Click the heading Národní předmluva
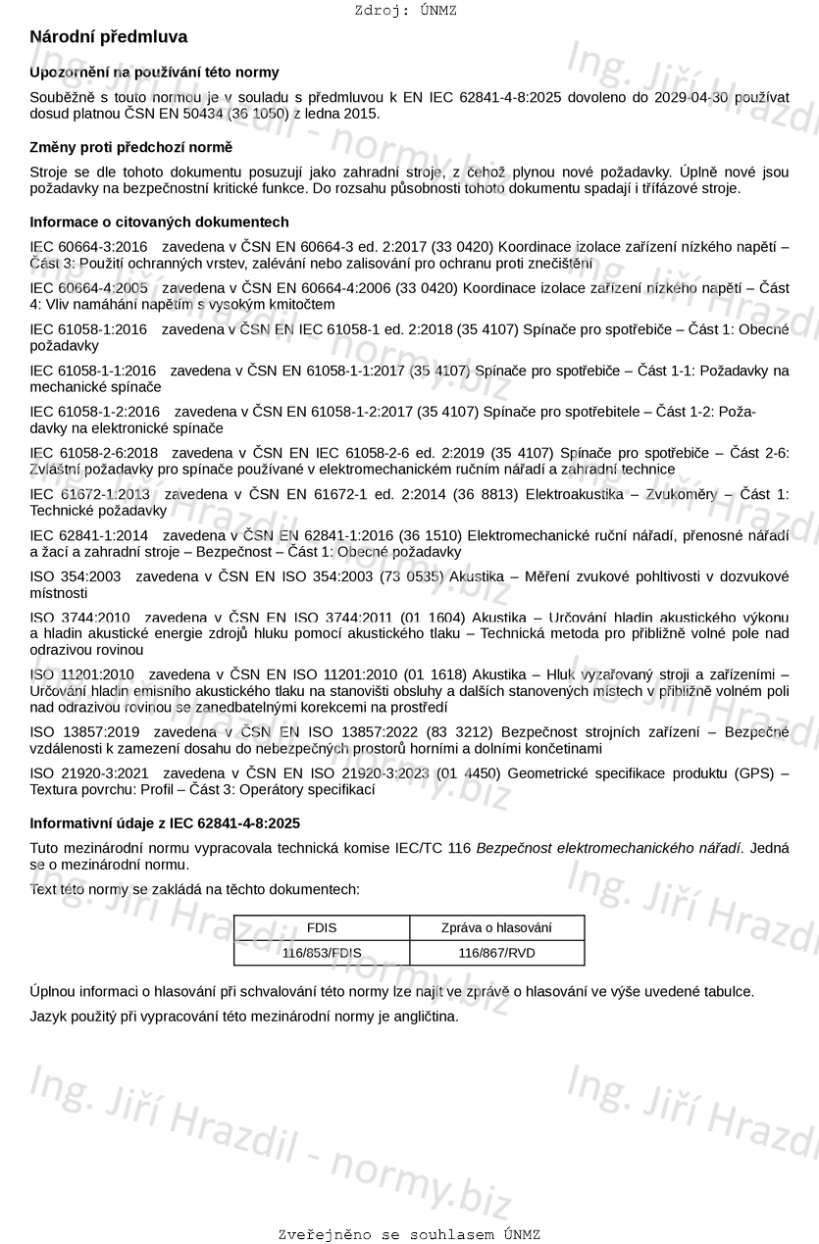coord(109,37)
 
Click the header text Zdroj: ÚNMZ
coord(405,11)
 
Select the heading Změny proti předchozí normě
coord(131,147)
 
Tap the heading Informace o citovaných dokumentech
coord(159,222)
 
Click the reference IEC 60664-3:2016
coord(88,246)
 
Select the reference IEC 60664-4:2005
coord(88,288)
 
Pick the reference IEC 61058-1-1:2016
coord(93,371)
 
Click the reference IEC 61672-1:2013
coord(90,494)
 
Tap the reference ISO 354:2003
coord(76,576)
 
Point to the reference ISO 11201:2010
coord(81,674)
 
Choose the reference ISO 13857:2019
coord(84,732)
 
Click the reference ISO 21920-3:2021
coord(89,773)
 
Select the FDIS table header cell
coord(322,927)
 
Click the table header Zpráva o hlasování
coord(496,927)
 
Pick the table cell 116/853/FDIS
coord(322,953)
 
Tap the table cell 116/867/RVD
coord(496,953)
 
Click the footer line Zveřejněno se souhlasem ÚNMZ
coord(409,1234)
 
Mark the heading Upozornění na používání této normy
coord(154,73)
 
